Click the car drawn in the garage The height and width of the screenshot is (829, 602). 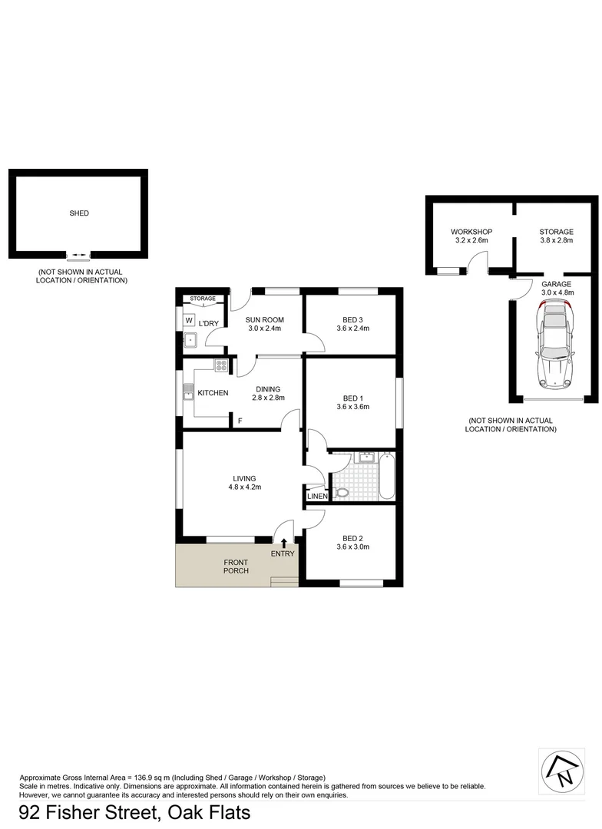[x=556, y=343]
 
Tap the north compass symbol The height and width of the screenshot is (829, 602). [x=559, y=768]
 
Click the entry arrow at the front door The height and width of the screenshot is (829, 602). [x=284, y=543]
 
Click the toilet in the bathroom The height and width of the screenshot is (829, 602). [x=342, y=493]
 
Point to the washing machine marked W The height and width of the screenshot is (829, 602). [x=189, y=319]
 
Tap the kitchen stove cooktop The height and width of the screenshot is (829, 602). [x=221, y=366]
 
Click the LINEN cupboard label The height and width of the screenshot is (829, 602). [x=317, y=497]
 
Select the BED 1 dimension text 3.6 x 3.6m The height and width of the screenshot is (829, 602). [x=353, y=407]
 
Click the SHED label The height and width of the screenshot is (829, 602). [x=79, y=213]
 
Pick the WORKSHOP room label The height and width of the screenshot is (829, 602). [x=471, y=232]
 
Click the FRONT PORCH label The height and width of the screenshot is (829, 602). [x=236, y=566]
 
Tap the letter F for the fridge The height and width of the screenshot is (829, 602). [x=240, y=421]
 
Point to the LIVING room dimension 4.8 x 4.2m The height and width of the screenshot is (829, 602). [x=246, y=487]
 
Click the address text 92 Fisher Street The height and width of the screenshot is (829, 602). [x=84, y=812]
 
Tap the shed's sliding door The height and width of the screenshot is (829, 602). [x=79, y=254]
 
